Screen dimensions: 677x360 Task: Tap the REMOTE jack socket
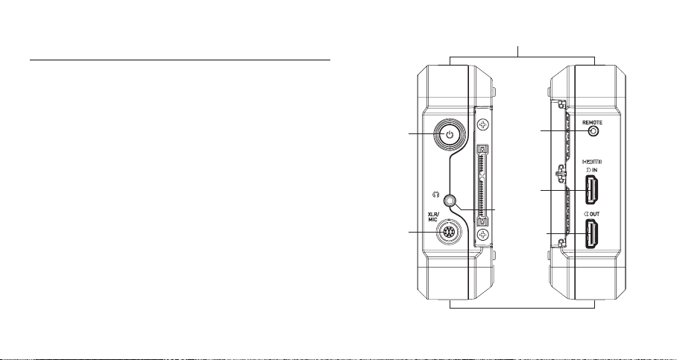click(594, 131)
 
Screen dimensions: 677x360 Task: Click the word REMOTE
click(592, 122)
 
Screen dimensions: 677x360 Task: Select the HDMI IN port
click(591, 190)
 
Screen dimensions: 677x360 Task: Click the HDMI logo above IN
click(591, 162)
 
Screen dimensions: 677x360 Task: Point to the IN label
click(592, 170)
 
